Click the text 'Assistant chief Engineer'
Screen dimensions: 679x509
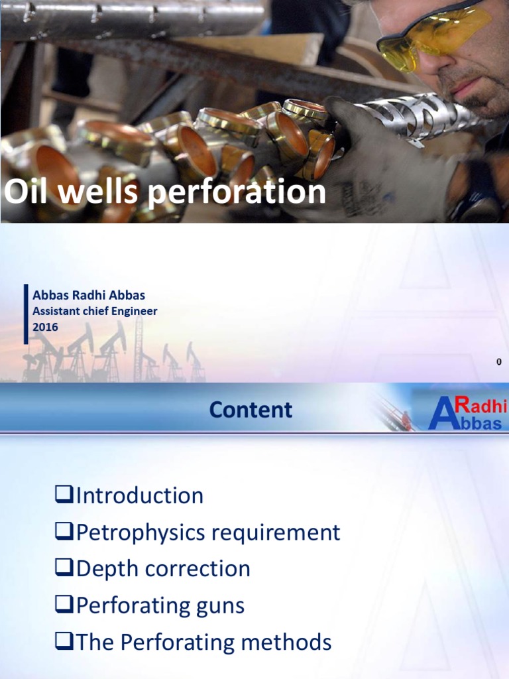pos(95,311)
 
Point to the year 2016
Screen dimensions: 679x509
pos(45,327)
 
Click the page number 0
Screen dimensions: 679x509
pos(498,361)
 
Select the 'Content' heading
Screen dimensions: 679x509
pos(251,410)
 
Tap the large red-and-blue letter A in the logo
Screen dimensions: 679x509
pos(441,414)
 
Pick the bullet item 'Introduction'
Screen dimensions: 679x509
pos(140,495)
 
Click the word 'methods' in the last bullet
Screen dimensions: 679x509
pos(289,642)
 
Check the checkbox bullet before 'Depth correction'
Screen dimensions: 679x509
pos(64,569)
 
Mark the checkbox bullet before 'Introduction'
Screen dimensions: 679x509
pos(64,496)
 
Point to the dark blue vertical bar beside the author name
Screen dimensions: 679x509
pos(26,314)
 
